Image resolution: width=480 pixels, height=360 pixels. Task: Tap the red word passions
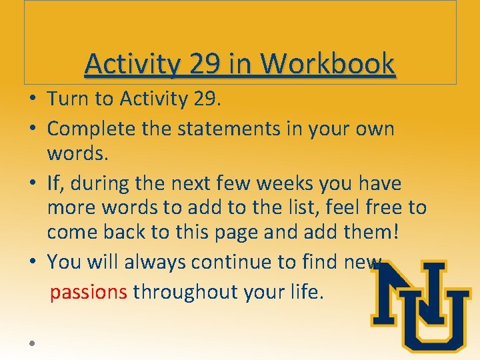89,292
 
